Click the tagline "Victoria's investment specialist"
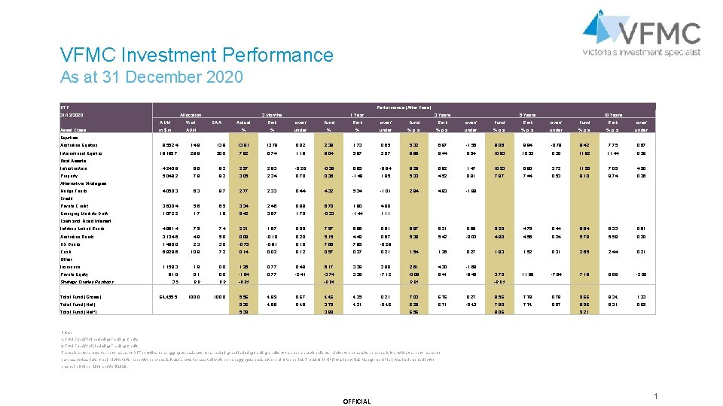(x=642, y=52)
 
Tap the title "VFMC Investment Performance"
(x=197, y=55)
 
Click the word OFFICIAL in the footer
(x=357, y=401)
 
